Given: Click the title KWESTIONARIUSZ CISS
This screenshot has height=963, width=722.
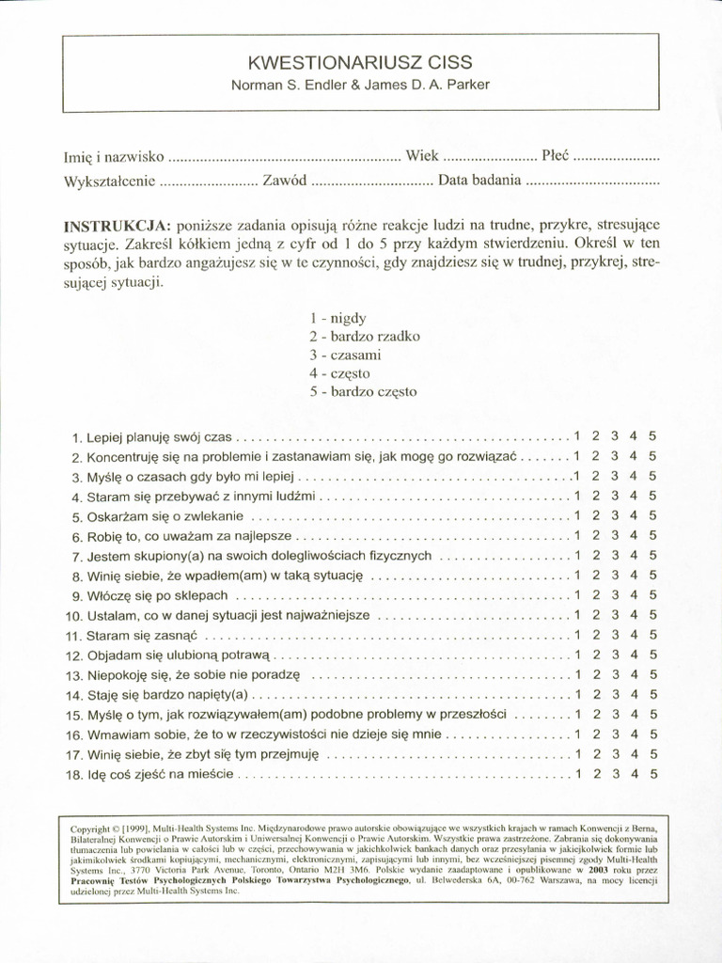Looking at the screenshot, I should coord(361,63).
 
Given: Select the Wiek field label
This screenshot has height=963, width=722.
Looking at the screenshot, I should coord(421,155).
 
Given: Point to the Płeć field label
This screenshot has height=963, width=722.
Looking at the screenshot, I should coord(555,155).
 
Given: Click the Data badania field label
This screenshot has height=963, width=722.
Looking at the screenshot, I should coord(479,181).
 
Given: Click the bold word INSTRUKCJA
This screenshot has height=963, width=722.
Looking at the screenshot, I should coord(117,227).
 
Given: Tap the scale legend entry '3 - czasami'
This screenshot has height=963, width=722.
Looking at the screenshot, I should coord(345,354).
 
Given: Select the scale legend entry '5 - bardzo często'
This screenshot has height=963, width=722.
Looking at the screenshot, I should coord(362,391).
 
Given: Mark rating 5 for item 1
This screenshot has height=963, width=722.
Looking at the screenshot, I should coord(652,435).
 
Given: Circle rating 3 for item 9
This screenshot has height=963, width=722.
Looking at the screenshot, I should coord(614,595).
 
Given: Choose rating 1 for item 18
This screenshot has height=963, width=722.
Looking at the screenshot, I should coord(578,774).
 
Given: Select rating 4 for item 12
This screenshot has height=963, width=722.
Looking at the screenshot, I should coord(634,655).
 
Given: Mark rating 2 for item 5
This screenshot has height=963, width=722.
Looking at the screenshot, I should coord(596,515).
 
